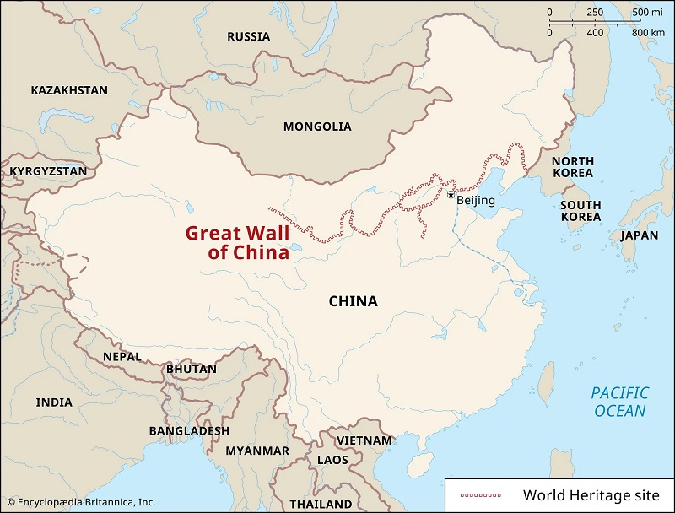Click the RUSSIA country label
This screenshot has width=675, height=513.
(x=248, y=36)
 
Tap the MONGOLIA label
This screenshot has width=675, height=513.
(x=317, y=127)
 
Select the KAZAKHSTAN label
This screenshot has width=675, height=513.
(x=69, y=90)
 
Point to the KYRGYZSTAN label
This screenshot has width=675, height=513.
(x=48, y=171)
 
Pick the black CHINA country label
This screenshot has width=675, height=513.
(x=353, y=301)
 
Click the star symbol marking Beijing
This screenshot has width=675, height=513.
(x=451, y=195)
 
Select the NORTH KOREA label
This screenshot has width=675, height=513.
(x=573, y=166)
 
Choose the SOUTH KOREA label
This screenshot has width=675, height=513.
(x=580, y=211)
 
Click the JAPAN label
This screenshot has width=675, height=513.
(x=639, y=235)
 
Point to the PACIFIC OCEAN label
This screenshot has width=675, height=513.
(x=619, y=402)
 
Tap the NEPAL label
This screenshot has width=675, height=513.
(x=122, y=357)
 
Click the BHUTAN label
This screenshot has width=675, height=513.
(x=192, y=369)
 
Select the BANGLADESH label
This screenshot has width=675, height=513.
(x=189, y=430)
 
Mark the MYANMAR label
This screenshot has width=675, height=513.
(x=257, y=451)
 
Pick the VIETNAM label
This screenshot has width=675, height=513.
(x=364, y=440)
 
